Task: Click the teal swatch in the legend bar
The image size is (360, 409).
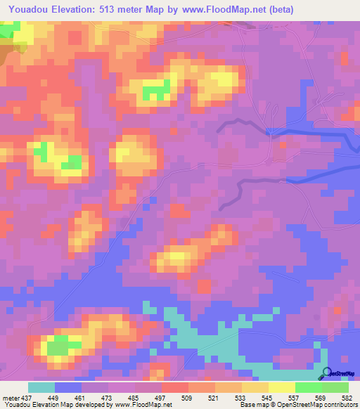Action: coord(41,387)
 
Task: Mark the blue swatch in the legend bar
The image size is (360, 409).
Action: coord(68,387)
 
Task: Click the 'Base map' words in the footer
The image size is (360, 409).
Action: coord(251,404)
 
